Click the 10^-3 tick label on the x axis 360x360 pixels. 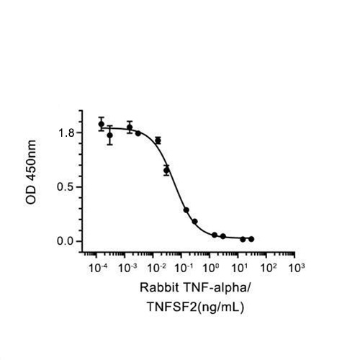(x=125, y=268)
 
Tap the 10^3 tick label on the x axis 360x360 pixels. (x=295, y=268)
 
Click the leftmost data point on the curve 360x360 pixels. (x=102, y=124)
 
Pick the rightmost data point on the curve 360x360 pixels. (x=251, y=238)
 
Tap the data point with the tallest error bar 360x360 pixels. (x=110, y=135)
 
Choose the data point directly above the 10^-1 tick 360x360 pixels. (x=186, y=210)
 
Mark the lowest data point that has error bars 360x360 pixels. (x=167, y=171)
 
